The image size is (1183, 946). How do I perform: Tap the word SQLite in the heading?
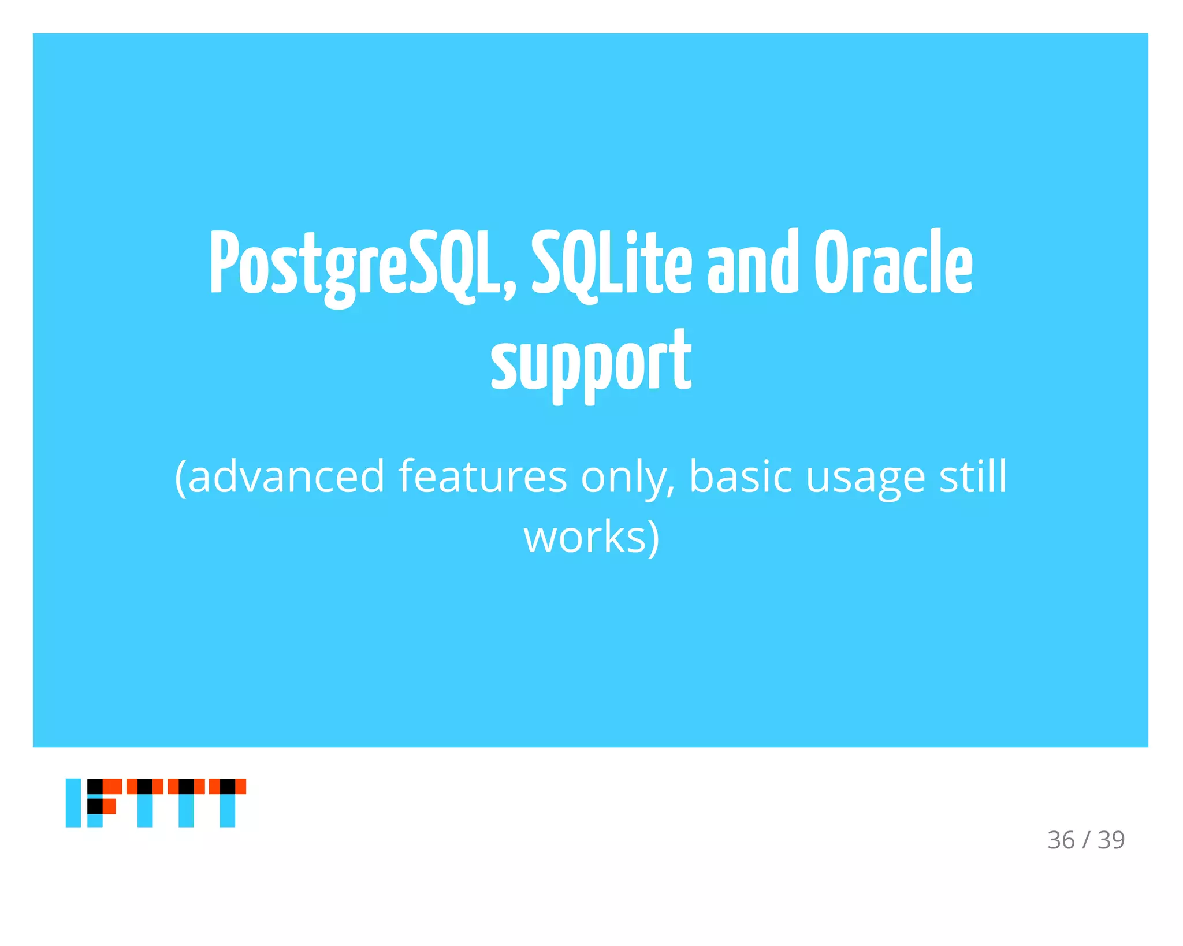click(x=611, y=263)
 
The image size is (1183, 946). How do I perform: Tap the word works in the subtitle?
click(x=585, y=537)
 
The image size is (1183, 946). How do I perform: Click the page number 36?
click(x=1061, y=840)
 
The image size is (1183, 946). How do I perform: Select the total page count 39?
click(x=1111, y=840)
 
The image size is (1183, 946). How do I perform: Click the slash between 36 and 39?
click(x=1086, y=840)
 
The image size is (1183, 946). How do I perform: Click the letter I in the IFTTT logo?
click(x=73, y=802)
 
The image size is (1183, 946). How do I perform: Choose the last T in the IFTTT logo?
click(x=228, y=802)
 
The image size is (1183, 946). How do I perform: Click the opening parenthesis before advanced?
click(x=180, y=477)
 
